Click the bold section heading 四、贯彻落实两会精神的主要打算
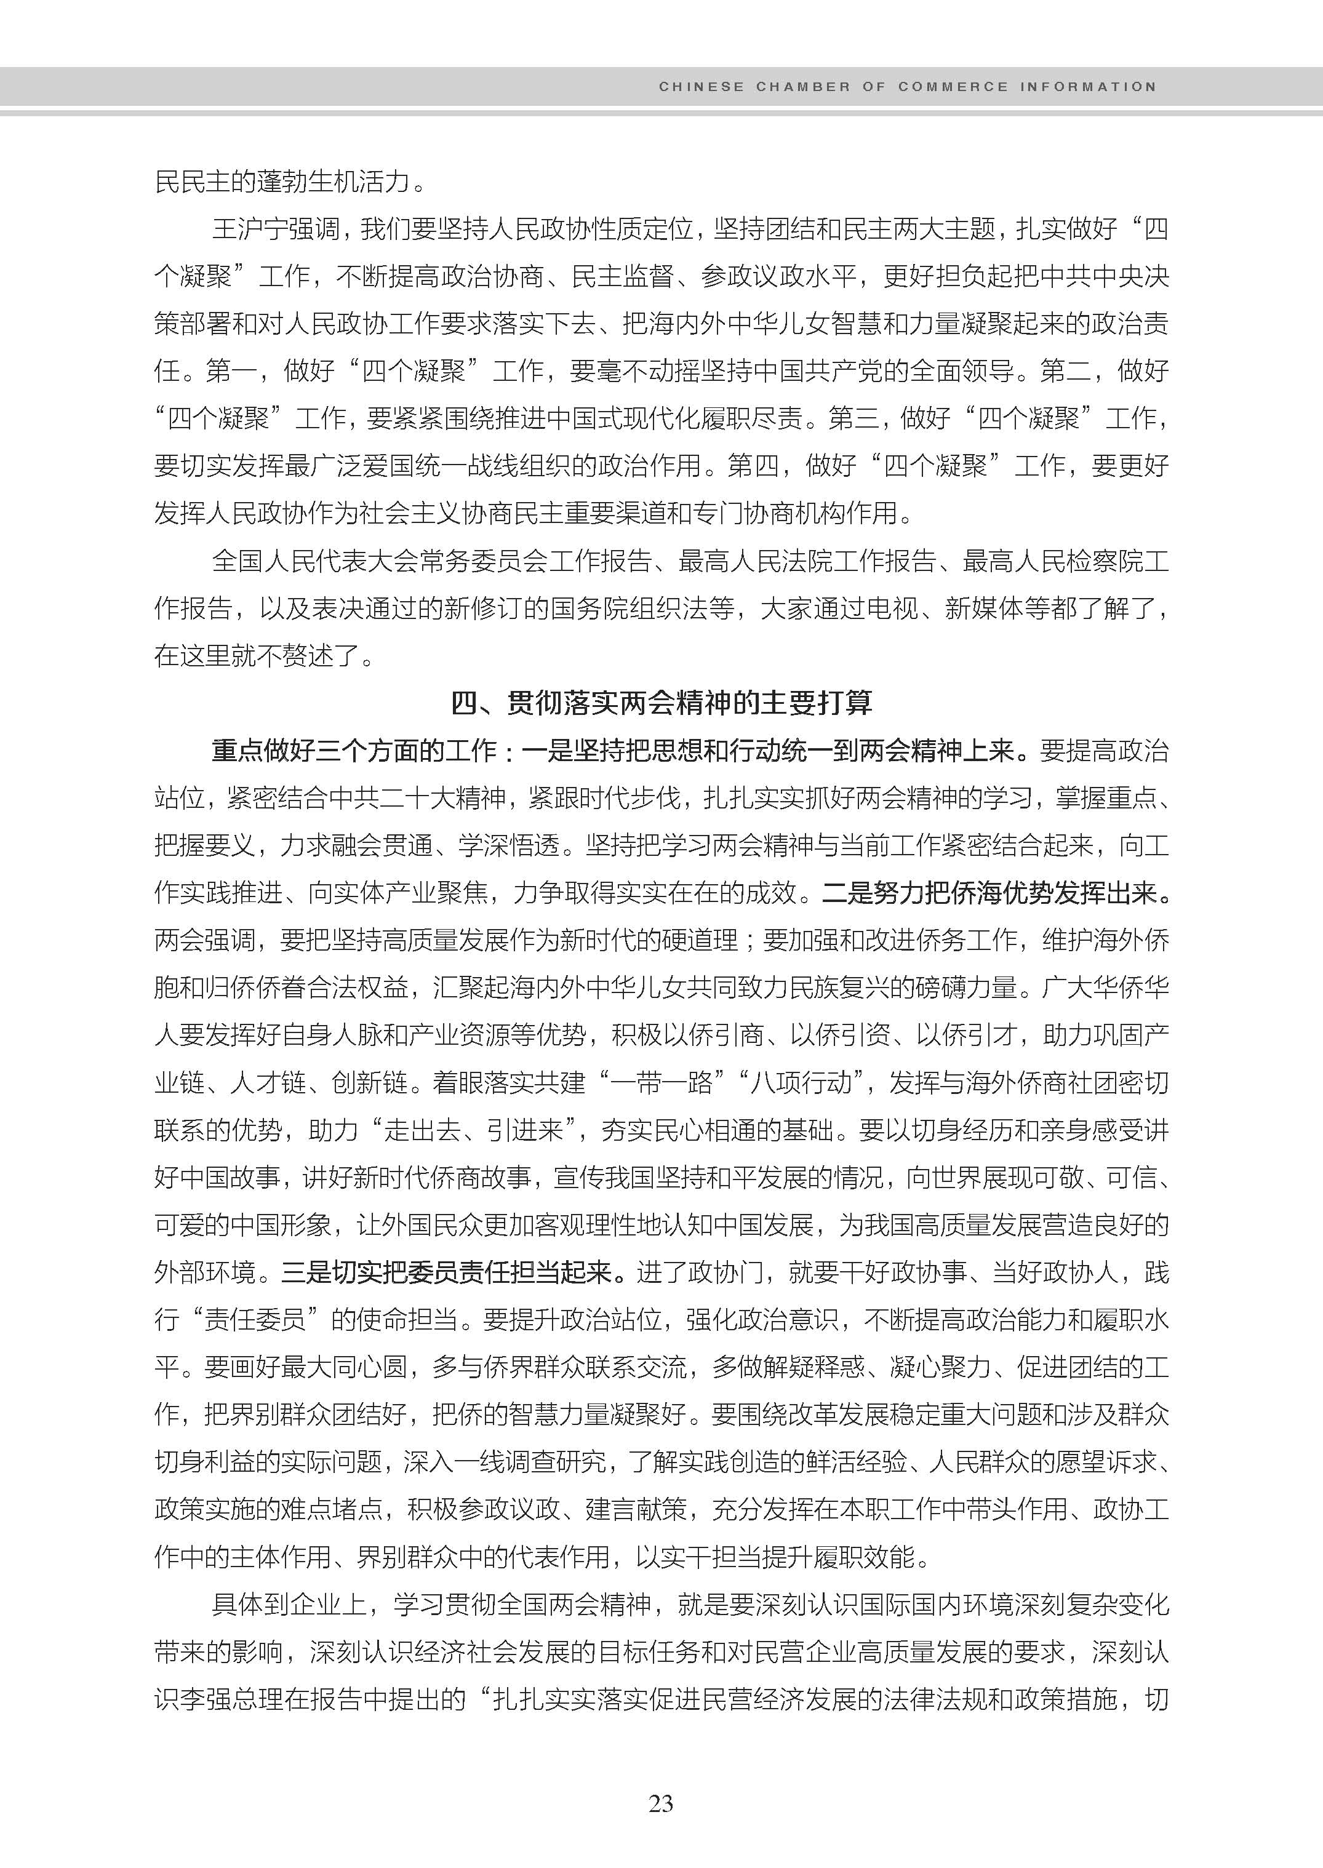[661, 703]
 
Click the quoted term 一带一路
[661, 1083]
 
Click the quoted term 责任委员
[254, 1320]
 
